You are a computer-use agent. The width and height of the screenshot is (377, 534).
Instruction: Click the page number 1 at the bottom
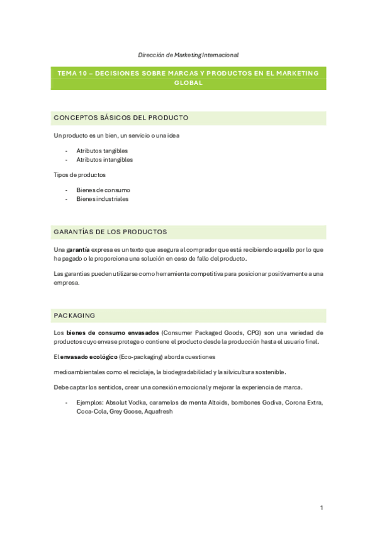321,507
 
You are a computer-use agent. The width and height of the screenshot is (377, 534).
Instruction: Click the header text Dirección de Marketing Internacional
188,55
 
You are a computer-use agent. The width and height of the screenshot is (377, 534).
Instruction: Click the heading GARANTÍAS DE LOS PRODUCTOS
110,232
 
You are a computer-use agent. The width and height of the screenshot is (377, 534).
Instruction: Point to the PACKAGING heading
74,315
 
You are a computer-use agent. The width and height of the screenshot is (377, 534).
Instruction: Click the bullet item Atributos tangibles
102,151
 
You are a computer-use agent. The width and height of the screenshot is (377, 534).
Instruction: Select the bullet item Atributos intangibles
104,160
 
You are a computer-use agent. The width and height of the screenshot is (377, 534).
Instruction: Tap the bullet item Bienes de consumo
103,190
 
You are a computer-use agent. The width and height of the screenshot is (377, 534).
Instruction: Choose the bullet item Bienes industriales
102,199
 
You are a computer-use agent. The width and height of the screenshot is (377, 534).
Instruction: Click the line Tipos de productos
79,174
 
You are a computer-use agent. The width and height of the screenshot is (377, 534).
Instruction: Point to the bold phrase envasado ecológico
89,357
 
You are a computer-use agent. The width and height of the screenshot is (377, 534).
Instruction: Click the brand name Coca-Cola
91,411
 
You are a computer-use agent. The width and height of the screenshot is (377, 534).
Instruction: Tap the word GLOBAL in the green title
188,82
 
